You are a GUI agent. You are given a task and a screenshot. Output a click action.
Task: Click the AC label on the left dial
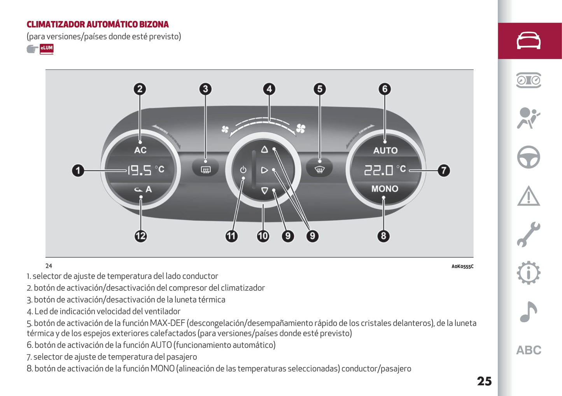pos(140,150)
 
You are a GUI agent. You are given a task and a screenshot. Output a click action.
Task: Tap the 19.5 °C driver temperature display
pos(146,170)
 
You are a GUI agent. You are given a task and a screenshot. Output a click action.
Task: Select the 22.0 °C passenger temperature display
pos(385,170)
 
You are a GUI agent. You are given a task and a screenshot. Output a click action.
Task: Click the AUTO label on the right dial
pos(385,150)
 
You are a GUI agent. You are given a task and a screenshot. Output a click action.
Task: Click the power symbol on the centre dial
pos(243,170)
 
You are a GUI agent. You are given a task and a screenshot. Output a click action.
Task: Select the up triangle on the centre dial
pos(264,150)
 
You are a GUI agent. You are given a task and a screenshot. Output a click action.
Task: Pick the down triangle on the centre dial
pos(264,191)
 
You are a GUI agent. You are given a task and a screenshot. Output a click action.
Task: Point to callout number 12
pos(140,236)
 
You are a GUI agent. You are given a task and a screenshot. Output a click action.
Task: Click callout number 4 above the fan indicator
pos(269,89)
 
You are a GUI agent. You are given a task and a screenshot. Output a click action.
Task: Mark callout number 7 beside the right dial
pos(444,171)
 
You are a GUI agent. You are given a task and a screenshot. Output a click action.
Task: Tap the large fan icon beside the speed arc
pos(301,128)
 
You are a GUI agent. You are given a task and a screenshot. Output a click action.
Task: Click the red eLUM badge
pos(46,49)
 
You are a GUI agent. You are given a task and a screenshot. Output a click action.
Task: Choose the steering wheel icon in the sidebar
pos(529,157)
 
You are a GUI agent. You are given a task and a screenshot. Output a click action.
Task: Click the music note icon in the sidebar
pos(529,311)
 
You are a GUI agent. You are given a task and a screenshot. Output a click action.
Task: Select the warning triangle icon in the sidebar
pos(529,196)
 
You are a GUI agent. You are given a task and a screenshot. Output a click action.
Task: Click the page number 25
pos(484,381)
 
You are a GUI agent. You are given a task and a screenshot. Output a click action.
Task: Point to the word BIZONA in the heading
pos(154,24)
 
